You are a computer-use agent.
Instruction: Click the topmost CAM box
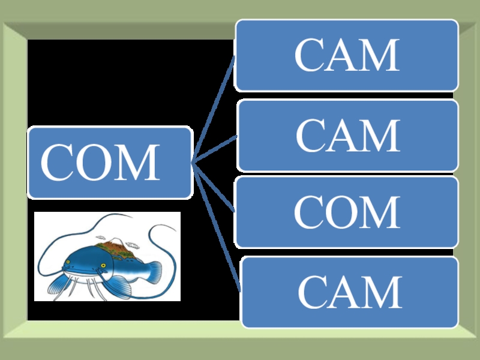pyautogui.click(x=347, y=55)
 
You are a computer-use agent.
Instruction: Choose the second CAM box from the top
pyautogui.click(x=347, y=136)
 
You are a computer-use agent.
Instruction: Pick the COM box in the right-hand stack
pyautogui.click(x=347, y=212)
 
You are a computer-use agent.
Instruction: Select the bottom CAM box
pyautogui.click(x=349, y=292)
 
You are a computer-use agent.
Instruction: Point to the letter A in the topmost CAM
pyautogui.click(x=347, y=55)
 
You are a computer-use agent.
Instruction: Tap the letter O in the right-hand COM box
pyautogui.click(x=347, y=212)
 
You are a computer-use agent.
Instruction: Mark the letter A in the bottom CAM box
pyautogui.click(x=350, y=292)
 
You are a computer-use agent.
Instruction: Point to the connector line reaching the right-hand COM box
pyautogui.click(x=213, y=187)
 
